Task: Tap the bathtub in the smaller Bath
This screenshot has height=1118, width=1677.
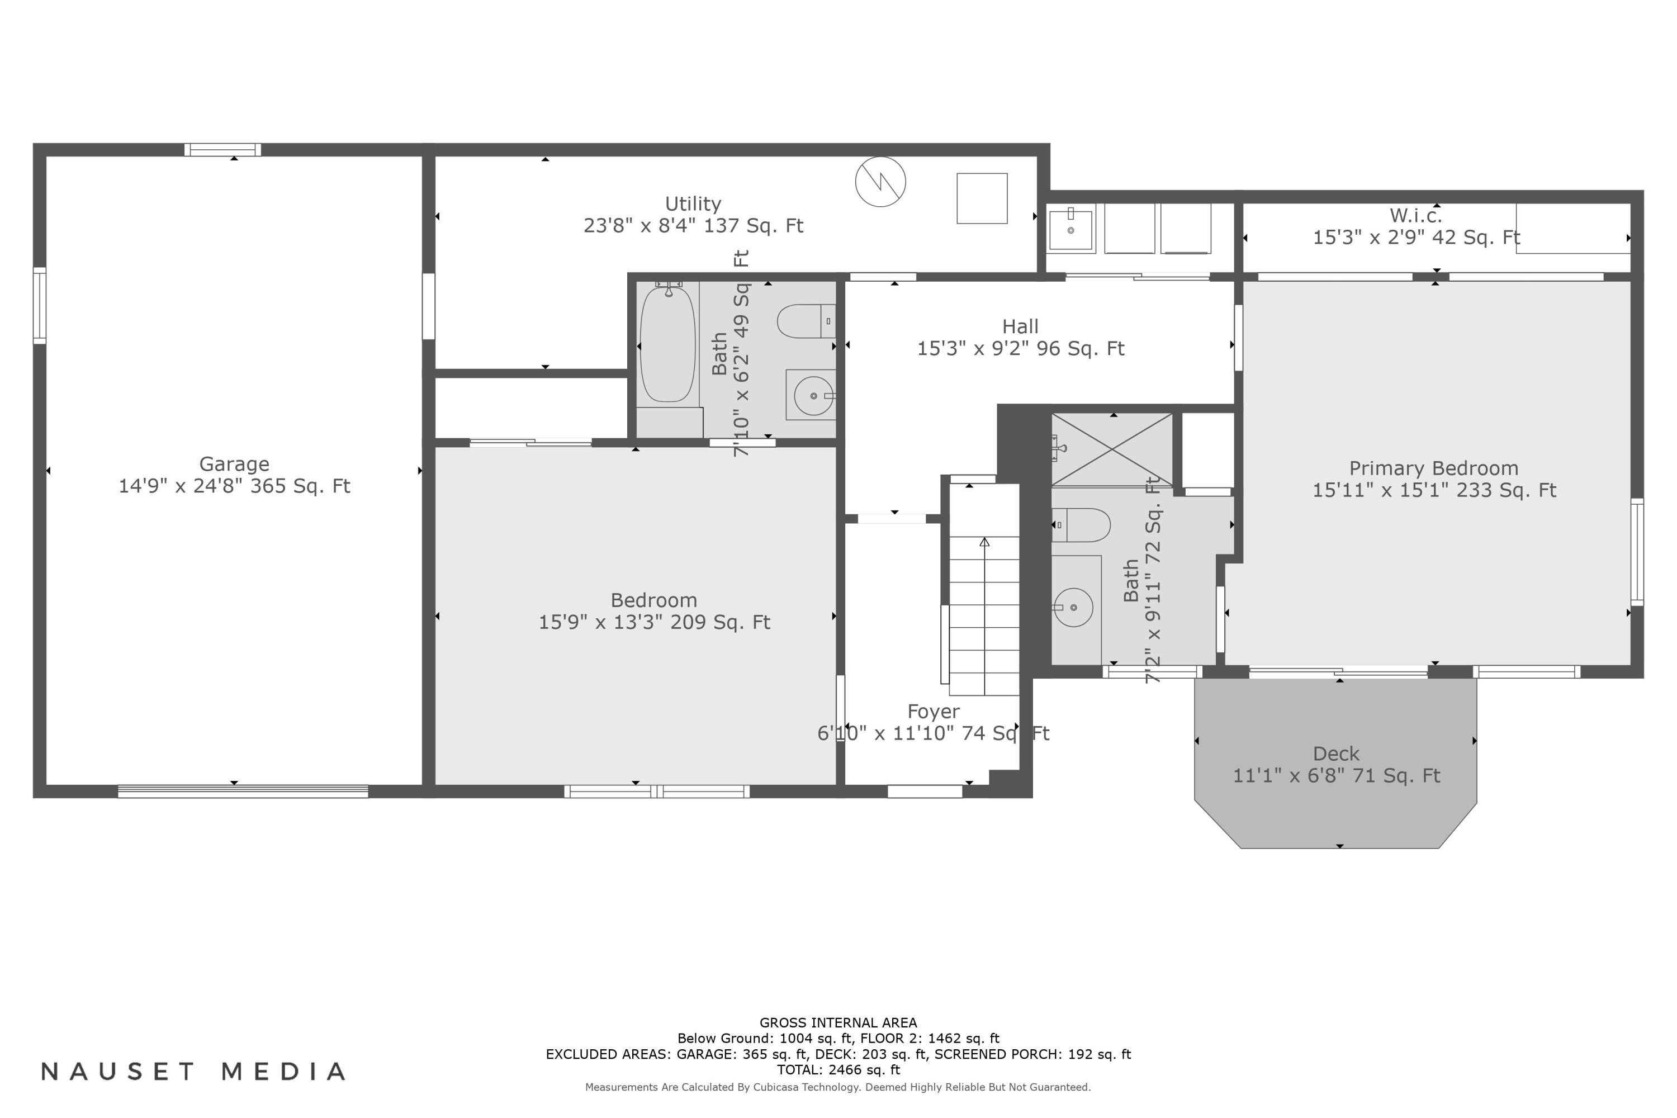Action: [x=667, y=344]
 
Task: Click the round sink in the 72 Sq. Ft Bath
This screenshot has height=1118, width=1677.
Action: [x=1073, y=608]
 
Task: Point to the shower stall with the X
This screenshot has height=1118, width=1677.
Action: [x=1112, y=450]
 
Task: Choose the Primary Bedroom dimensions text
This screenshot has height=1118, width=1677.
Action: [x=1434, y=491]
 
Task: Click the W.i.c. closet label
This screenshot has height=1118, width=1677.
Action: [x=1415, y=215]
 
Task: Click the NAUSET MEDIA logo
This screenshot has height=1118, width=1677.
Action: [x=194, y=1072]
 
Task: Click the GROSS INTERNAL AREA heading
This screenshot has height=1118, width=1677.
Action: [x=838, y=1022]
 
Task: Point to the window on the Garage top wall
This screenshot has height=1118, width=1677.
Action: [x=222, y=150]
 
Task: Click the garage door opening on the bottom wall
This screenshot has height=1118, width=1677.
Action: [x=243, y=791]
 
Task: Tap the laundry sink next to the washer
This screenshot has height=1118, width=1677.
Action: [x=1070, y=229]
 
